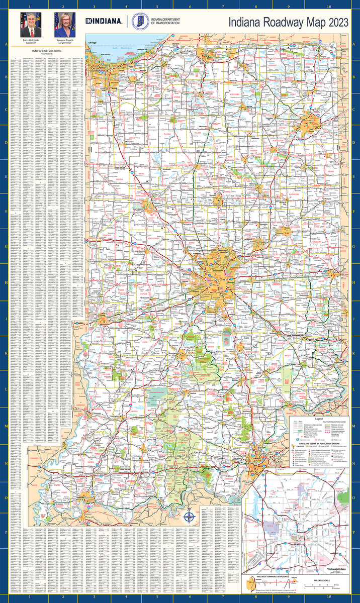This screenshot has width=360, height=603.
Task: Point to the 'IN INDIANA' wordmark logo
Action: click(104, 21)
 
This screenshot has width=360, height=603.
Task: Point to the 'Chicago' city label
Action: click(92, 44)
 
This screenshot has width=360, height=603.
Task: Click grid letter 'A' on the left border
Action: click(6, 44)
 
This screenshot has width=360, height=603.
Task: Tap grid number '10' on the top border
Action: click(328, 7)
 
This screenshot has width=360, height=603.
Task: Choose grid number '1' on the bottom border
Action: click(30, 596)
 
